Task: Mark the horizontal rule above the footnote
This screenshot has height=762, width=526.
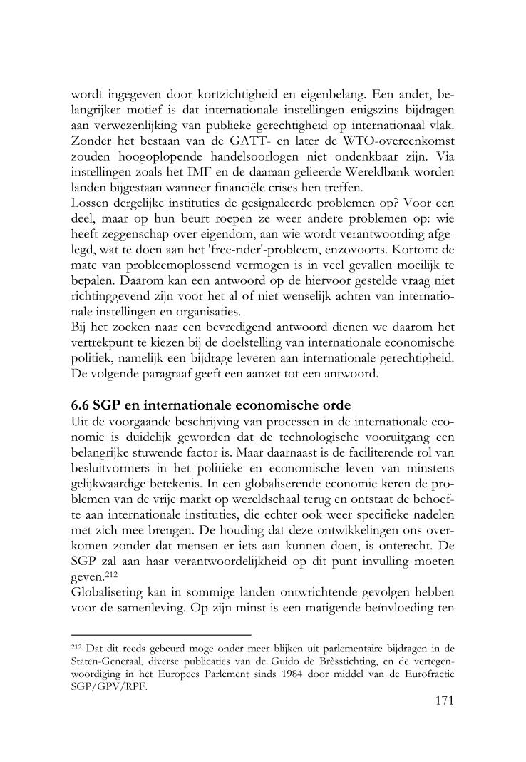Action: (x=162, y=634)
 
